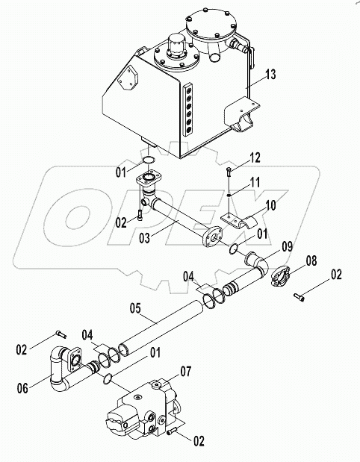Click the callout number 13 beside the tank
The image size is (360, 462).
click(270, 74)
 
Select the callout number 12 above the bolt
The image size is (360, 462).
click(255, 158)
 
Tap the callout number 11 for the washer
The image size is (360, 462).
click(255, 182)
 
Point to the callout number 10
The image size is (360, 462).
click(270, 205)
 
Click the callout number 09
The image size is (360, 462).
click(287, 246)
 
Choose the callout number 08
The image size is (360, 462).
click(311, 260)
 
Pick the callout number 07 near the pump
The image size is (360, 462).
click(185, 372)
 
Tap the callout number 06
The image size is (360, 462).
click(22, 388)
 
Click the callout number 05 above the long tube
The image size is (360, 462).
click(135, 308)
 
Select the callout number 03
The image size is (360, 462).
click(144, 238)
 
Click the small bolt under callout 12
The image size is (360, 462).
click(229, 172)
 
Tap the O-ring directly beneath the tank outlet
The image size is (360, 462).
click(149, 160)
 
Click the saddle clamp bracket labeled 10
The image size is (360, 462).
click(238, 221)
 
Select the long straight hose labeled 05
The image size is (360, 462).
click(161, 327)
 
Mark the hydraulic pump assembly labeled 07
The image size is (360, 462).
click(144, 408)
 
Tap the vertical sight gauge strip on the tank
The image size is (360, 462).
click(187, 110)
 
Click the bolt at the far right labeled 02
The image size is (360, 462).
click(299, 297)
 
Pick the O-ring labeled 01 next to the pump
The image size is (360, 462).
click(108, 379)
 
